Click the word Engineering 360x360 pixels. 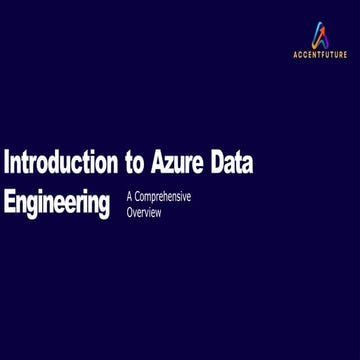coord(57,203)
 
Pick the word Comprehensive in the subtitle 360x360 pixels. coord(162,197)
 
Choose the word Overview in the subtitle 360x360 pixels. coord(144,213)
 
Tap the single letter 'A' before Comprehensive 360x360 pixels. coord(129,197)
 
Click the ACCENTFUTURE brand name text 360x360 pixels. coord(319,56)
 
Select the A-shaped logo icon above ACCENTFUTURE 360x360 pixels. coord(319,36)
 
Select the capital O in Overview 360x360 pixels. coord(130,213)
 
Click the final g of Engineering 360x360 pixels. coord(103,205)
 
